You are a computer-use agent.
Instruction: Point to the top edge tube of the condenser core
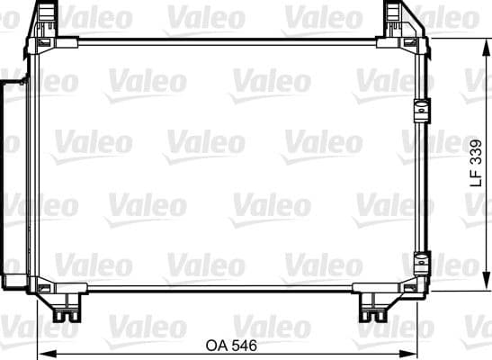225,40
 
